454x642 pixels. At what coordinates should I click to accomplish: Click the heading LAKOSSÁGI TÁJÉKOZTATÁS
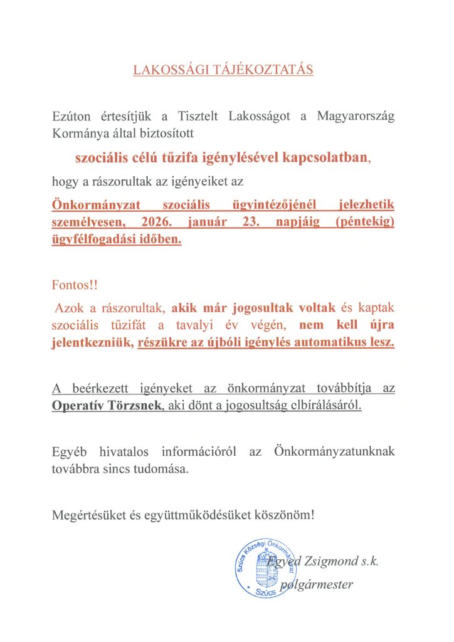point(223,70)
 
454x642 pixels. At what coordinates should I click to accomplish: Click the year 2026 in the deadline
point(156,223)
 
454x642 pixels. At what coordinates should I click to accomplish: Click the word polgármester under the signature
point(319,586)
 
